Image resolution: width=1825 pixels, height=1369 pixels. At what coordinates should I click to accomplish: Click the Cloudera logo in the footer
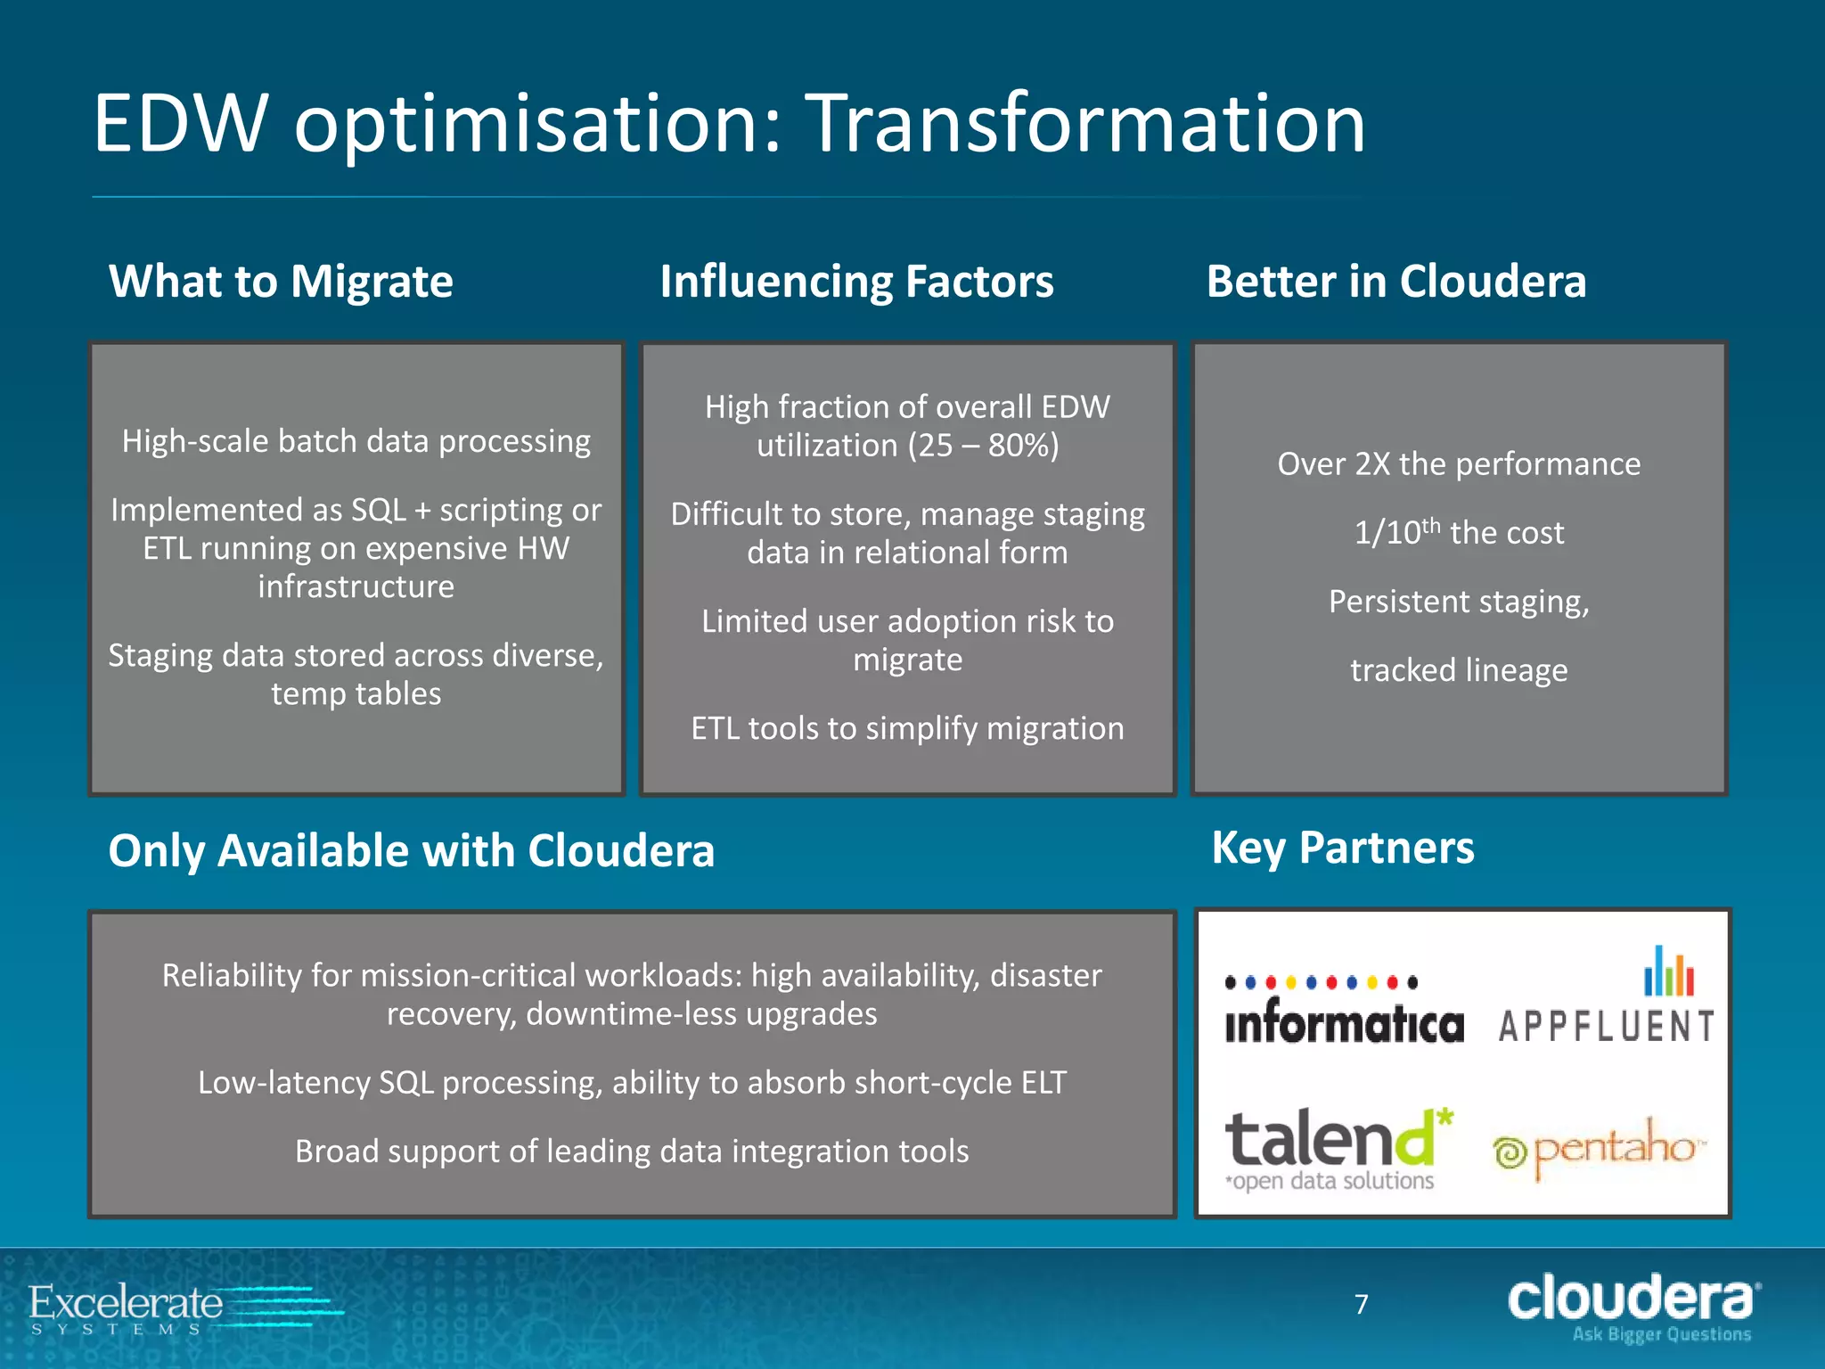tap(1633, 1306)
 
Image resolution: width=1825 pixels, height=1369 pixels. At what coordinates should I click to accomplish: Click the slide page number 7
tap(1361, 1305)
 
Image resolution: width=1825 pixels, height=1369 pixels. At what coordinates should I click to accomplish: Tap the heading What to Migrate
tap(281, 282)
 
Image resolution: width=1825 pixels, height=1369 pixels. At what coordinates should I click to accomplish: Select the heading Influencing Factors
tap(856, 282)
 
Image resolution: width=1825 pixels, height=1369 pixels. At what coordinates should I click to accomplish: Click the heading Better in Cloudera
tap(1395, 282)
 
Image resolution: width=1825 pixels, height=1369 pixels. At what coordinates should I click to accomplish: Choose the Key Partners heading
tap(1342, 848)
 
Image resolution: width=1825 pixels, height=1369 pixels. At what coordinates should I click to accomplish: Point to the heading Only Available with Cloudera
tap(411, 850)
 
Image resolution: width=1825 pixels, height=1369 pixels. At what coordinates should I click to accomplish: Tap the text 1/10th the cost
tap(1459, 533)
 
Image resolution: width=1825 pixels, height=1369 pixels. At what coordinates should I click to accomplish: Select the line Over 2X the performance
tap(1459, 464)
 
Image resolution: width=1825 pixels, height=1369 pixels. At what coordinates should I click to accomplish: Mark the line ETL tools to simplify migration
tap(907, 728)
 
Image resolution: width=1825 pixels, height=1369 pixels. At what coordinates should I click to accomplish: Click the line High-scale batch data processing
tap(356, 441)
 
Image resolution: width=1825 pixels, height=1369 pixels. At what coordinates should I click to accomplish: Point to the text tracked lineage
tap(1459, 670)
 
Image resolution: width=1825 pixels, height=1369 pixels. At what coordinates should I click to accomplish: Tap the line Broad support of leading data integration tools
tap(632, 1152)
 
